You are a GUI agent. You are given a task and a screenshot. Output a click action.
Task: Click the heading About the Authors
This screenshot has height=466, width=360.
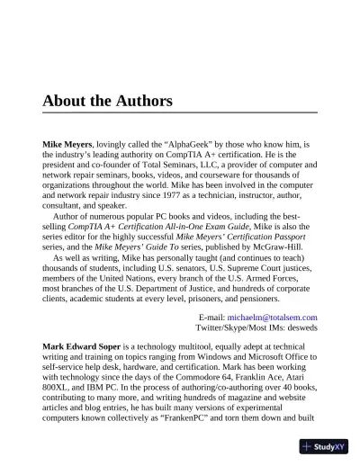tap(107, 101)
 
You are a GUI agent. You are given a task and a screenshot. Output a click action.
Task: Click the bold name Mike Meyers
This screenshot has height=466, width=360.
tap(67, 143)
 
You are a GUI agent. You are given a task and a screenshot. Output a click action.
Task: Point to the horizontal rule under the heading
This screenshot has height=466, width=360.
tap(179, 112)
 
